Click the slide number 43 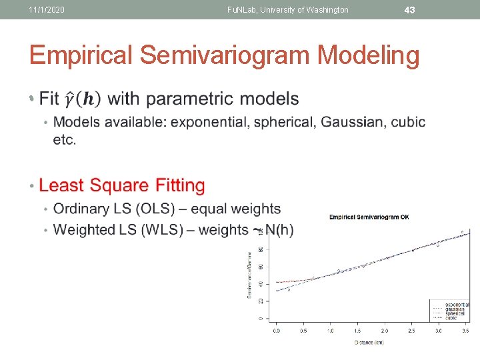pyautogui.click(x=410, y=9)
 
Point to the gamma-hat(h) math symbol pyautogui.click(x=82, y=99)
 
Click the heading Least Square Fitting pyautogui.click(x=122, y=185)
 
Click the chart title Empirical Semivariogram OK pyautogui.click(x=369, y=217)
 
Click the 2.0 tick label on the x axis pyautogui.click(x=385, y=331)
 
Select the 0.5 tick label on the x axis pyautogui.click(x=303, y=331)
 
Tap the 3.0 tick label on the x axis pyautogui.click(x=439, y=331)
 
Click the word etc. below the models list pyautogui.click(x=65, y=140)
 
